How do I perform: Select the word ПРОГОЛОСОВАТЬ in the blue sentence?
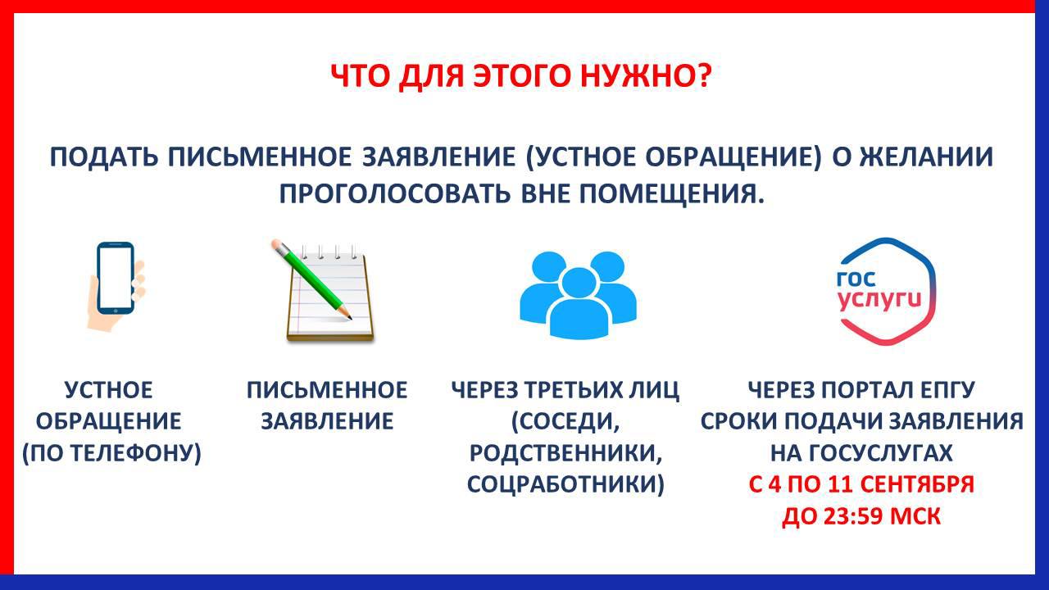[394, 193]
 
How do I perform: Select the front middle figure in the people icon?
[579, 303]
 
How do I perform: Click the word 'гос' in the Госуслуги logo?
[856, 279]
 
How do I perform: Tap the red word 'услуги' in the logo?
[880, 300]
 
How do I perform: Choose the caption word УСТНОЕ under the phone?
[109, 390]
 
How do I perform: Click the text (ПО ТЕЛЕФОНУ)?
[112, 453]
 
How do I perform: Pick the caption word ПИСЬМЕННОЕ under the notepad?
[327, 390]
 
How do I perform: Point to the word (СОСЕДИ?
[565, 422]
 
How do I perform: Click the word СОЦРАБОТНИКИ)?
[565, 484]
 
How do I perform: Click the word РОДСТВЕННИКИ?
[565, 453]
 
